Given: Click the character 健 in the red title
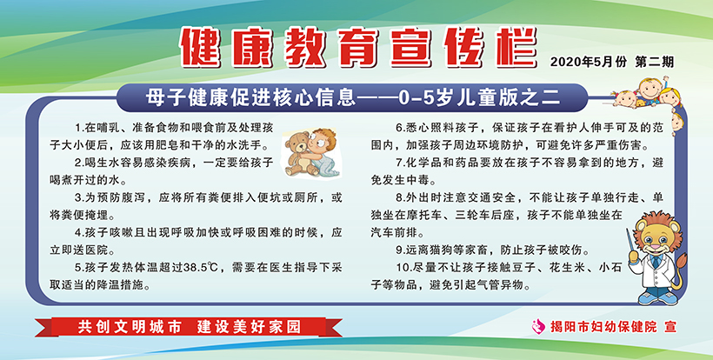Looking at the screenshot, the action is [201, 47].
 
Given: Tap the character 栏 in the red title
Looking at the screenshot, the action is [516, 47].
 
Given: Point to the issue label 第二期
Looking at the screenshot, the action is [655, 62].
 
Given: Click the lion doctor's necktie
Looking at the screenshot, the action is [656, 262].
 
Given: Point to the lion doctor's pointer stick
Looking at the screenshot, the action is [630, 243].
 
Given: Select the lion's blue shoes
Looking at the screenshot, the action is [657, 298].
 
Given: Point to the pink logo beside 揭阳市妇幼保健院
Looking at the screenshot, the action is [539, 325].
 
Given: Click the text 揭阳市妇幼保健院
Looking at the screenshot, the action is [603, 326].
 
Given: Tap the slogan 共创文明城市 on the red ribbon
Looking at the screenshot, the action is [130, 327].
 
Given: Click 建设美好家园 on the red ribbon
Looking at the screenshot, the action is [250, 327].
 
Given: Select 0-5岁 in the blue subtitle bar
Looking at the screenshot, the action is [418, 97].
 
